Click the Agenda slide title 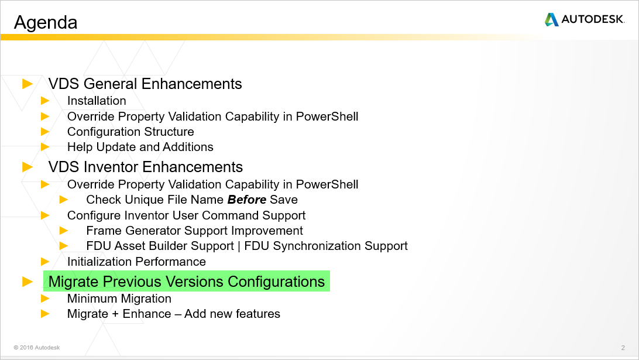point(46,22)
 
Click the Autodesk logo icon point(551,20)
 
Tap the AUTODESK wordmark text point(593,20)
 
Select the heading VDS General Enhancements point(145,84)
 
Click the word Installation point(97,101)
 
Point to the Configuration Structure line point(130,132)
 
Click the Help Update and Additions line point(140,147)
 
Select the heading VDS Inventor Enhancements point(146,167)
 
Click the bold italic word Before point(247,200)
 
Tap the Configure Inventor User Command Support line point(186,215)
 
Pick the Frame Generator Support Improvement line point(194,231)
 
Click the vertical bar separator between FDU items point(239,246)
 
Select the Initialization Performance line point(136,262)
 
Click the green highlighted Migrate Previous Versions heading point(187,282)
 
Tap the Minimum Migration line point(119,299)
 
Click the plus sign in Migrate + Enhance point(115,314)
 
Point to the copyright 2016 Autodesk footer point(37,348)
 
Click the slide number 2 point(623,348)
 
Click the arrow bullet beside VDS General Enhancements point(28,84)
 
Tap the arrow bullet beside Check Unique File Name point(64,200)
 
